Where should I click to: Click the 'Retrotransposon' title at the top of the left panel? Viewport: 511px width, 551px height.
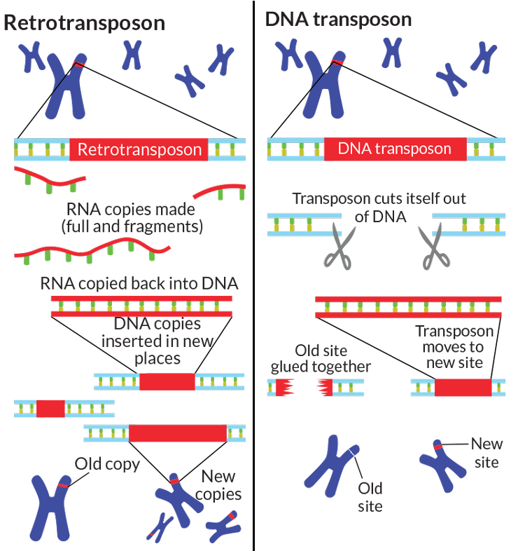pyautogui.click(x=85, y=23)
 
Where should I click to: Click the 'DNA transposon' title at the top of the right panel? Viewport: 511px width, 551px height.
pyautogui.click(x=339, y=20)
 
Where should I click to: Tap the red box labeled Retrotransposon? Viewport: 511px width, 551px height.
pyautogui.click(x=139, y=149)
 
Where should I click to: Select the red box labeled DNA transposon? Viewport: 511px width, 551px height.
pyautogui.click(x=395, y=149)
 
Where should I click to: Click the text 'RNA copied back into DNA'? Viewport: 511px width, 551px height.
pyautogui.click(x=139, y=284)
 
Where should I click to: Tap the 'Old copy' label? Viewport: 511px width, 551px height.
pyautogui.click(x=107, y=464)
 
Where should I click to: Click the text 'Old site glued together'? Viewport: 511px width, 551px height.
pyautogui.click(x=321, y=358)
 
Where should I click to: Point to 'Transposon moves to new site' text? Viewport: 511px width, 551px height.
pyautogui.click(x=454, y=346)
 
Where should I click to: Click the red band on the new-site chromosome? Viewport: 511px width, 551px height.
pyautogui.click(x=436, y=447)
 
